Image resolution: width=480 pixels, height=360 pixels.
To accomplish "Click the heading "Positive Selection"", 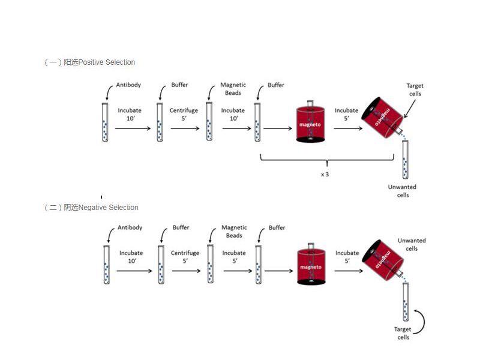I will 107,62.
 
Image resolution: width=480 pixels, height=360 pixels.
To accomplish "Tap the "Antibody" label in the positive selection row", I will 128,85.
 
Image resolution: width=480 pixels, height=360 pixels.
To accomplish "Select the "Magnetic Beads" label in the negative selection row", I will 234,232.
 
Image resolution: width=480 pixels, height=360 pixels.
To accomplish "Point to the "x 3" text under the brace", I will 325,175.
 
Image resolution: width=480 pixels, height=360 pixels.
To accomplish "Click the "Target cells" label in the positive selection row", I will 414,90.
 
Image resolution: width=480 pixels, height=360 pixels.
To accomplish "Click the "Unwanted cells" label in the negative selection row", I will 412,245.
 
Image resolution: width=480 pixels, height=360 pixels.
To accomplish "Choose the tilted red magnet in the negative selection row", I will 381,259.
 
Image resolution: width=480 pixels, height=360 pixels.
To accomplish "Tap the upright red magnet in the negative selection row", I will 311,266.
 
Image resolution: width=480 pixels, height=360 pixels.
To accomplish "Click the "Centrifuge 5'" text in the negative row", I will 185,257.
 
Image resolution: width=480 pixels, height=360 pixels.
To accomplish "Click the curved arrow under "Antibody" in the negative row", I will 110,234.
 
